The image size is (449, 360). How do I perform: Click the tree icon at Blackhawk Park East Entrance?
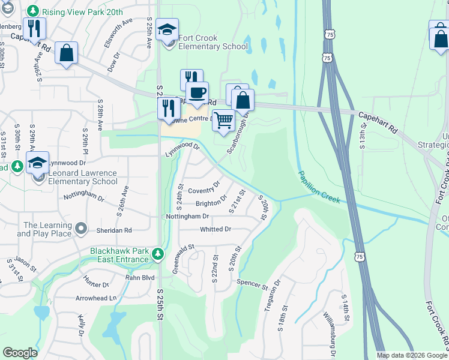(158, 253)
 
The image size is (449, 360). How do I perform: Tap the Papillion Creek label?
(319, 187)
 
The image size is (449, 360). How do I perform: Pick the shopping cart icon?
(223, 119)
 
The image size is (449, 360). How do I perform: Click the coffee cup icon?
(197, 92)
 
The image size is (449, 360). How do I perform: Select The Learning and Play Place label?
(47, 229)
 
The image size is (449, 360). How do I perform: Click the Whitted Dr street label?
(215, 229)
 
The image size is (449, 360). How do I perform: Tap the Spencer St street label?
(252, 283)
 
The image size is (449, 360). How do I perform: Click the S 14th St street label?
(346, 311)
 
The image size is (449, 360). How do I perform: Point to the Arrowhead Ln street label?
(96, 298)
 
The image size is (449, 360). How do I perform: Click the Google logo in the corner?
(20, 353)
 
